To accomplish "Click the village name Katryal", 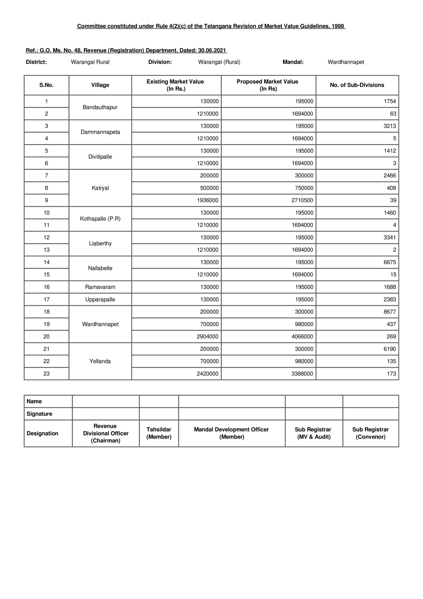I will pyautogui.click(x=100, y=188).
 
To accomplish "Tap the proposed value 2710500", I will pyautogui.click(x=302, y=200).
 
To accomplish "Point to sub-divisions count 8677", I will pyautogui.click(x=389, y=311).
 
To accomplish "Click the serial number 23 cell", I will pyautogui.click(x=47, y=374).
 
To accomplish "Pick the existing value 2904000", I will pyautogui.click(x=207, y=336).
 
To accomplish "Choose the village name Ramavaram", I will pyautogui.click(x=100, y=287).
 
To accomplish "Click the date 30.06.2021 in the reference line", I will pyautogui.click(x=212, y=50).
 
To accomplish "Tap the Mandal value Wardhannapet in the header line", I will pyautogui.click(x=346, y=62).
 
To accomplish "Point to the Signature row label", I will pyautogui.click(x=39, y=414).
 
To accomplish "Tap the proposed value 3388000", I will pyautogui.click(x=302, y=374).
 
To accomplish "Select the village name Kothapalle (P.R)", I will pyautogui.click(x=100, y=219).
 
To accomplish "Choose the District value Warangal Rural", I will pyautogui.click(x=90, y=62).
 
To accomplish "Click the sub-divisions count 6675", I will pyautogui.click(x=389, y=262).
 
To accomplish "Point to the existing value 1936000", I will pyautogui.click(x=207, y=200).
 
